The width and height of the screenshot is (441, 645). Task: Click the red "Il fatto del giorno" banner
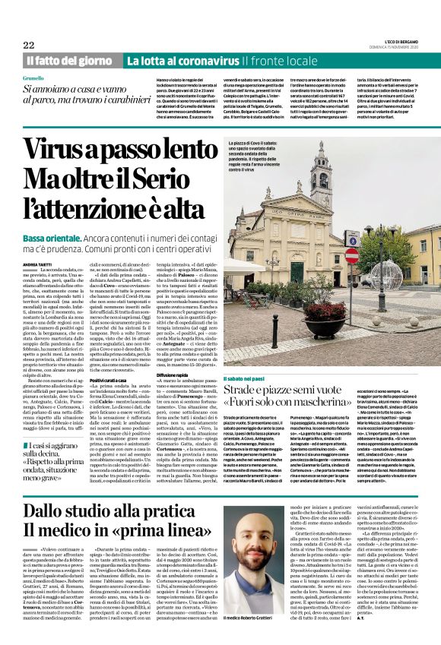pyautogui.click(x=71, y=60)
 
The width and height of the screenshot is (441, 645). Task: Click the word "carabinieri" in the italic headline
pyautogui.click(x=125, y=100)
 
